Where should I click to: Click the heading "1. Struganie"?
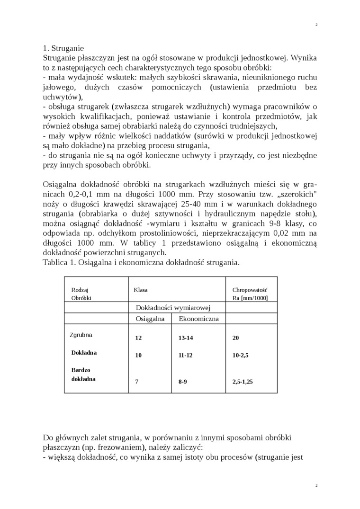(63, 48)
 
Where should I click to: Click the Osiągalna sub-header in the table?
(150, 319)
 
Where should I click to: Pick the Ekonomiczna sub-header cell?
(198, 319)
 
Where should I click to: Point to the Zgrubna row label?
(81, 335)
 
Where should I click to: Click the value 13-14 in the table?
(186, 338)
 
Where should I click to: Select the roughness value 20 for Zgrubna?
(236, 338)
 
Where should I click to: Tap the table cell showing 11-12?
(186, 355)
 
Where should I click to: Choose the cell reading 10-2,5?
(241, 355)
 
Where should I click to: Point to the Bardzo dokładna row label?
(83, 375)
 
